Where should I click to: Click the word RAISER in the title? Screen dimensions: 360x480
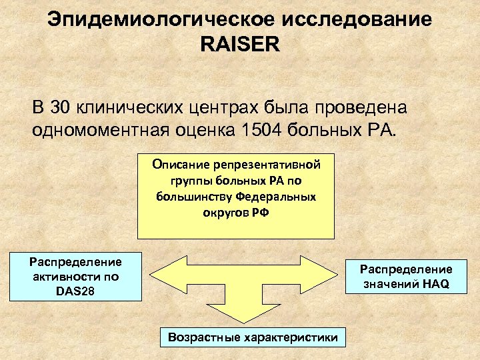click(x=240, y=45)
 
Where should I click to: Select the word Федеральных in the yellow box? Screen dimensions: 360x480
click(x=274, y=197)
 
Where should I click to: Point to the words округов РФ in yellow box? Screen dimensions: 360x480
click(x=235, y=213)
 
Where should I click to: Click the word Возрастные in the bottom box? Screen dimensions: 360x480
click(x=199, y=337)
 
